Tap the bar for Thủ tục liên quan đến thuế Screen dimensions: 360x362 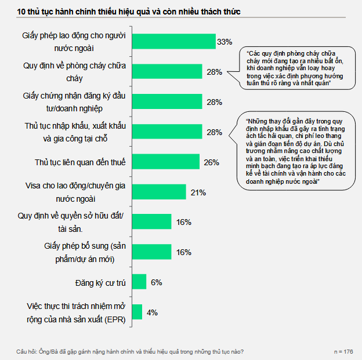pos(165,162)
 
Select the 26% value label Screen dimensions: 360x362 pos(211,162)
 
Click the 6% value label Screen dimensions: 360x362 pos(155,282)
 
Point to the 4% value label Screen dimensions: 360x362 pos(152,312)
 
